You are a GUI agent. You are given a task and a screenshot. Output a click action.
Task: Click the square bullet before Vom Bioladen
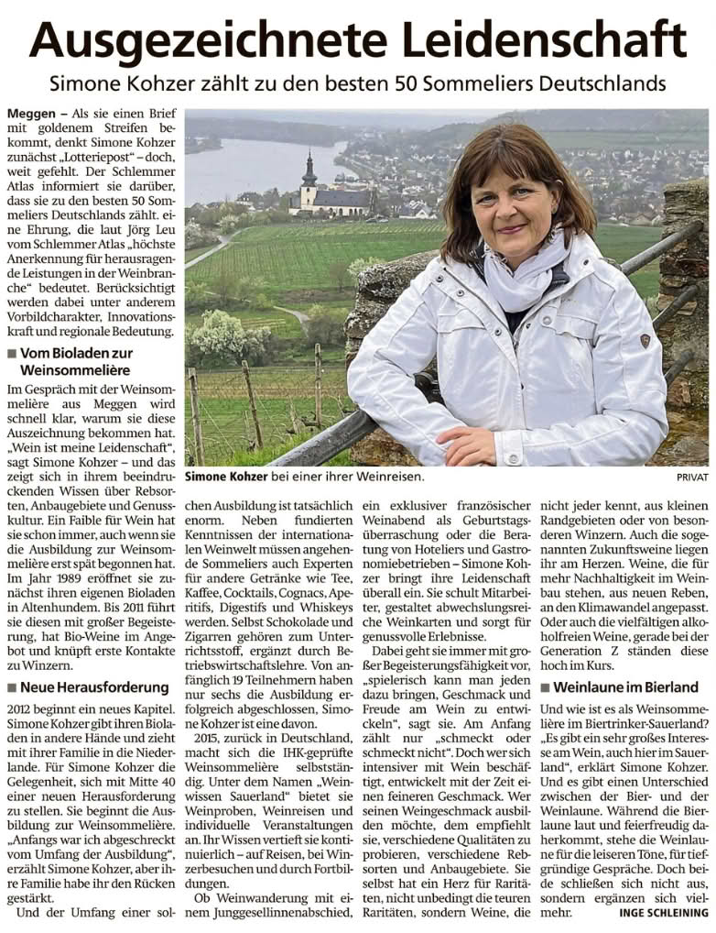pyautogui.click(x=11, y=353)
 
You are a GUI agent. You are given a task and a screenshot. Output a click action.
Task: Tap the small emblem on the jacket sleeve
pyautogui.click(x=645, y=341)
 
